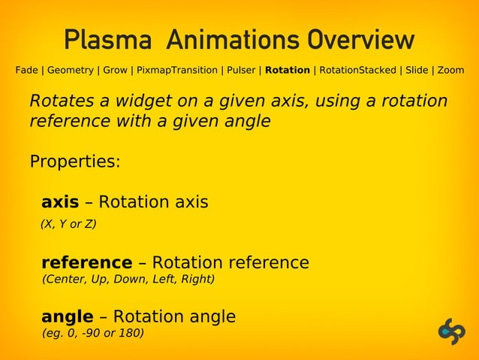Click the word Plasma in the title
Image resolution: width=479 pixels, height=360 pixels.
(x=108, y=40)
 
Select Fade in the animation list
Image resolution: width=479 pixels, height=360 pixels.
(x=26, y=71)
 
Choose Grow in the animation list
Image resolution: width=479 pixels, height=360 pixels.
(x=115, y=71)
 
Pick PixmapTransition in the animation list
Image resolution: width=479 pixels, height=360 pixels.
(x=176, y=71)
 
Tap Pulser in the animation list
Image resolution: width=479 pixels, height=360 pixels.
(x=242, y=71)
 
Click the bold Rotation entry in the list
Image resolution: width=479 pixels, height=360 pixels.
(x=288, y=71)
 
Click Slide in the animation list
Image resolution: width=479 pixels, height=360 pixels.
(x=417, y=71)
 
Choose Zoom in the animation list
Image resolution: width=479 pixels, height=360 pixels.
(x=450, y=71)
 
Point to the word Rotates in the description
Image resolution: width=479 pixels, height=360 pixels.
(x=59, y=101)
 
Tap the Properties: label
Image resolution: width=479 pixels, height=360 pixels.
(x=74, y=162)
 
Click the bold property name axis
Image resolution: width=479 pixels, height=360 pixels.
(x=60, y=203)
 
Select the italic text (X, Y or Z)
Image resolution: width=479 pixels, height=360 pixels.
(x=68, y=224)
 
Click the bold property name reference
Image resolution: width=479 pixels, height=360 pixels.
(x=86, y=263)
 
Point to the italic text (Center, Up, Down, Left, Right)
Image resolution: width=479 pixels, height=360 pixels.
(x=128, y=280)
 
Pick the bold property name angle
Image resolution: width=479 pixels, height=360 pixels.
(x=68, y=316)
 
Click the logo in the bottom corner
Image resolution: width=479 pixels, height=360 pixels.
(x=452, y=331)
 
